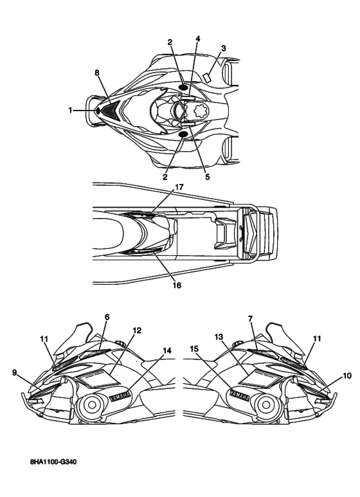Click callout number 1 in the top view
click(x=70, y=111)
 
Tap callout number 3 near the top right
click(x=224, y=48)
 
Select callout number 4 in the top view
click(x=198, y=39)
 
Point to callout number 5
click(x=207, y=177)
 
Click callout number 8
click(x=97, y=73)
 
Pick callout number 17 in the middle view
click(x=179, y=187)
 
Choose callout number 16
click(x=177, y=285)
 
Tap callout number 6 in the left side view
click(x=107, y=317)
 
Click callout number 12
click(x=137, y=330)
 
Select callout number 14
click(x=167, y=350)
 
